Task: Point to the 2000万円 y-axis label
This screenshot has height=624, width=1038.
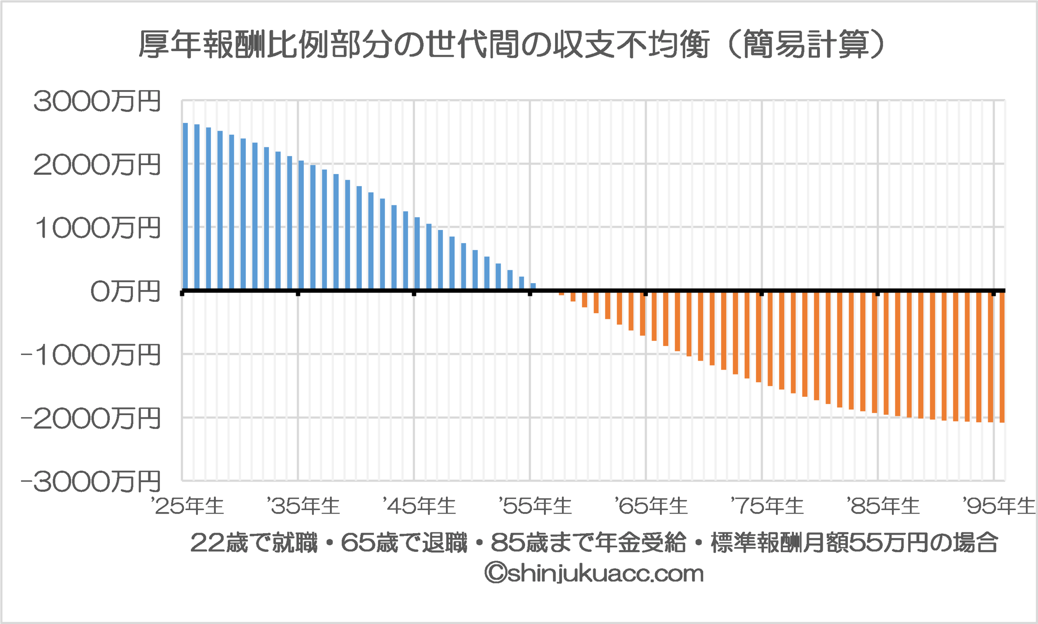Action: tap(97, 165)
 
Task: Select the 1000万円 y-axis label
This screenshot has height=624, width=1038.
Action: tap(98, 228)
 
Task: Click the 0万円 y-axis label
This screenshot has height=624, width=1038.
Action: tap(125, 292)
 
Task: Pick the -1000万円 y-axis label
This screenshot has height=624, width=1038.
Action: tap(91, 355)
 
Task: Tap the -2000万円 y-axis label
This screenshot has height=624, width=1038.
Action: tap(91, 419)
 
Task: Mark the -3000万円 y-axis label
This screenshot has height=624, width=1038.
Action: tap(91, 482)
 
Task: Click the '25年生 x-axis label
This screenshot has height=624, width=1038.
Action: tap(188, 506)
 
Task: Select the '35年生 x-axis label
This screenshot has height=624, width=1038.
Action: tap(303, 506)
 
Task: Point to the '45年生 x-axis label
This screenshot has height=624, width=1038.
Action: tap(419, 506)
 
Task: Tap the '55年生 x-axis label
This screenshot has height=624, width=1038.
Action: tap(535, 506)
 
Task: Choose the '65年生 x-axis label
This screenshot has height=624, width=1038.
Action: tap(651, 506)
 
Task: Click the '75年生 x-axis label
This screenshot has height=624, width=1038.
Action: tap(768, 506)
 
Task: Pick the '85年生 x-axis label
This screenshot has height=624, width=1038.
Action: tap(884, 506)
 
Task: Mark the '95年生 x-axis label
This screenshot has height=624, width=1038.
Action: tap(999, 506)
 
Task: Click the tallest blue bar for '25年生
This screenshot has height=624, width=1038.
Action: tap(185, 206)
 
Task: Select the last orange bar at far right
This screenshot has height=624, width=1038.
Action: tap(1002, 357)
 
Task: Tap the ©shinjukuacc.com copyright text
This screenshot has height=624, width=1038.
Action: tap(594, 574)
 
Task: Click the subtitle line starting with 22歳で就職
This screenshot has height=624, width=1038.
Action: tap(594, 543)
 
